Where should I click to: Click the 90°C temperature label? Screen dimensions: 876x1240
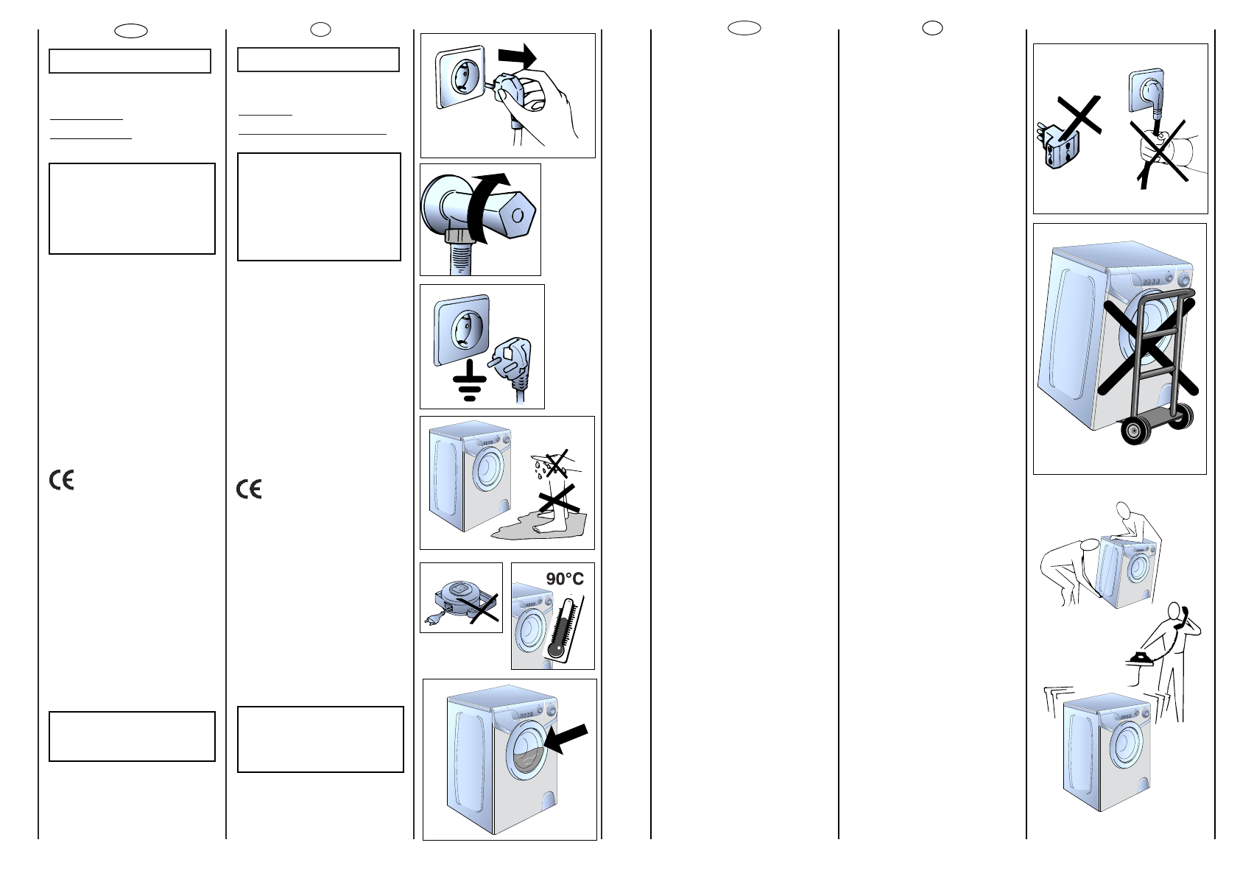tap(565, 579)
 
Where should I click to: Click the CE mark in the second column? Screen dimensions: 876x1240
tap(249, 489)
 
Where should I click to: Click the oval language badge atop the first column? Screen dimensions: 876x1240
tap(131, 31)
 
